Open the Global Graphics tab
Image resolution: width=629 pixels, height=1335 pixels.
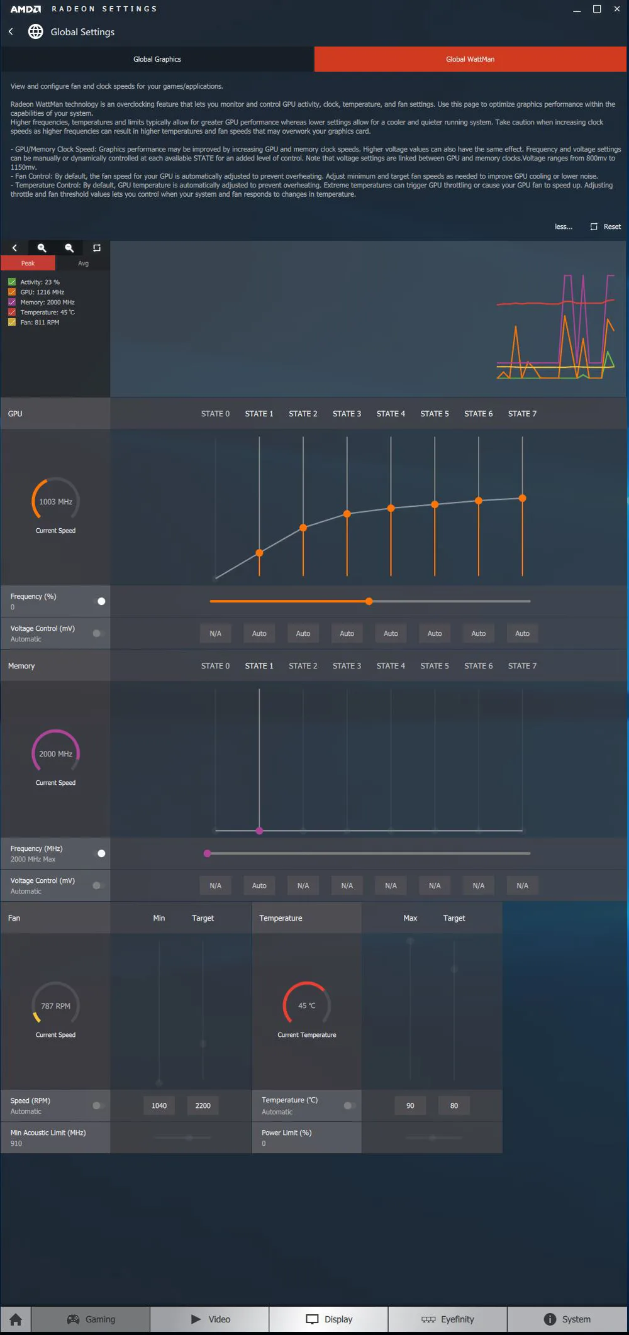[x=157, y=59]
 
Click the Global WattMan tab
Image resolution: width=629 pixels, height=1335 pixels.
[x=470, y=59]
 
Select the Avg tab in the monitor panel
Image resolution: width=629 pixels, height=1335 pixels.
[x=83, y=263]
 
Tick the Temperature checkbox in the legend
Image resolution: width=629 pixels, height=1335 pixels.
[x=12, y=312]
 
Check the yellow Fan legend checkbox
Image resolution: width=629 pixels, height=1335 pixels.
[x=12, y=322]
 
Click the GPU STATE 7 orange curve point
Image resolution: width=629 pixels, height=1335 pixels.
[x=522, y=498]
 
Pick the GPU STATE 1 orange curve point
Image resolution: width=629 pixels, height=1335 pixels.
[x=259, y=553]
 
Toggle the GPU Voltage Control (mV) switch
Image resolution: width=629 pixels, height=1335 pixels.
[x=97, y=633]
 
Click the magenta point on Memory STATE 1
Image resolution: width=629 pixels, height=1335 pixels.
[x=259, y=831]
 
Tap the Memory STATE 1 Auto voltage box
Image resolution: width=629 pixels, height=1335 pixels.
[x=259, y=885]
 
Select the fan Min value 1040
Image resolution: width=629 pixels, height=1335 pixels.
[x=159, y=1105]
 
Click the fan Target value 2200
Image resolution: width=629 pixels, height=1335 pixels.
[x=203, y=1105]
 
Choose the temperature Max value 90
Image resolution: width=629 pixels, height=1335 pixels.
[x=410, y=1105]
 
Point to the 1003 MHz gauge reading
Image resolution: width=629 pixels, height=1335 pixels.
[x=55, y=502]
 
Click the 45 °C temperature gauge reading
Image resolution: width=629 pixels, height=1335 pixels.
[x=307, y=1005]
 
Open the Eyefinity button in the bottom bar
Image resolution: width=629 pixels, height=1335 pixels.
[x=447, y=1319]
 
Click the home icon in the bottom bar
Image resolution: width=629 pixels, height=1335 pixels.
[x=16, y=1319]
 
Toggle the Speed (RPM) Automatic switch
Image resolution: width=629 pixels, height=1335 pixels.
[x=97, y=1105]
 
